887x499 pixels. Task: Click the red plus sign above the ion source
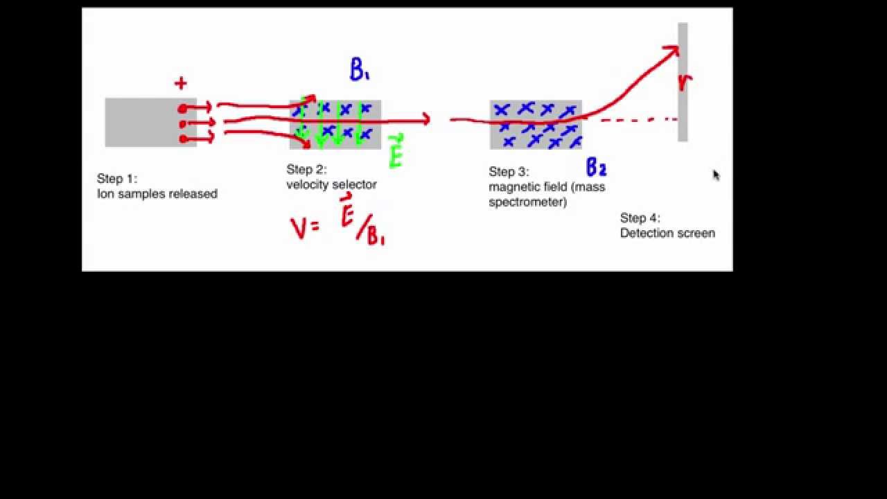[x=181, y=84]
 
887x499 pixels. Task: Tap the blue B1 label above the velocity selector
[x=360, y=70]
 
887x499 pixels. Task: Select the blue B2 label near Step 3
[x=597, y=167]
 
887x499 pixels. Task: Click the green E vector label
[x=396, y=151]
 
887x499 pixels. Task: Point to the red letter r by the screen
[x=685, y=82]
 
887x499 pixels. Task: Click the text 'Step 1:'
[x=117, y=179]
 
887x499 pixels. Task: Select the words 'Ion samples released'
[x=157, y=193]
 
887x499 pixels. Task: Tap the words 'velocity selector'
[x=331, y=184]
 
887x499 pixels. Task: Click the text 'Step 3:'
[x=509, y=171]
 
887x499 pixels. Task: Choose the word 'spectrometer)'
[x=528, y=202]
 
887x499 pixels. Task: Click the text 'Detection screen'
[x=667, y=233]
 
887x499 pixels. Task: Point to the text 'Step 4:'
[x=640, y=218]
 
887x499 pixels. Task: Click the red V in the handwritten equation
[x=299, y=229]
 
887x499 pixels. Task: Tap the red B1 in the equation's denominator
[x=376, y=236]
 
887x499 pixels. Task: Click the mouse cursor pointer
[x=717, y=175]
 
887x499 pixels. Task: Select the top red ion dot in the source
[x=182, y=109]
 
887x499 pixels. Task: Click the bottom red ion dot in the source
[x=183, y=139]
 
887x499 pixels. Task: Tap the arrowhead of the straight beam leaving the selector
[x=426, y=119]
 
